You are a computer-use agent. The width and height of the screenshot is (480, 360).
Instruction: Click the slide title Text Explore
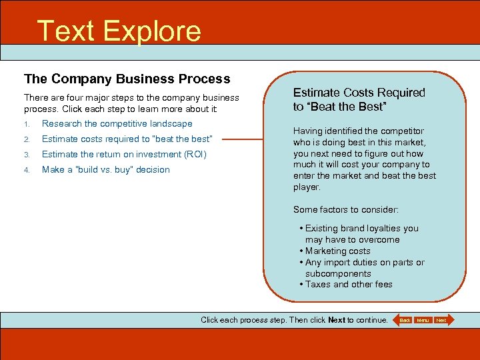click(119, 31)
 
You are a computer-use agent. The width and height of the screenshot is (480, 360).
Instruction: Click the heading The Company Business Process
click(127, 79)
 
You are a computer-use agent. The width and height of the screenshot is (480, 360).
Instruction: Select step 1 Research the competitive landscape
click(117, 123)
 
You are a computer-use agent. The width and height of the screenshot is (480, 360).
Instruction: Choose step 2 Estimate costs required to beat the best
click(127, 139)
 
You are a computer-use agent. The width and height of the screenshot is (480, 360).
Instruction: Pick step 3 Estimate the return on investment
click(124, 154)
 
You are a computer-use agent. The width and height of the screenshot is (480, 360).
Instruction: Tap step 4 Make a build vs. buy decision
click(105, 169)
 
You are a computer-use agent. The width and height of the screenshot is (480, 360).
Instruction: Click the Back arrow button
click(403, 320)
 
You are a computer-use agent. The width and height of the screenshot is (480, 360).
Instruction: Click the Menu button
click(423, 320)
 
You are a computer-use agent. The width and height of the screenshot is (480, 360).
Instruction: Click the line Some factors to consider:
click(346, 209)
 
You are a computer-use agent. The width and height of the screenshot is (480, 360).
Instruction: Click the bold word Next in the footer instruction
click(337, 320)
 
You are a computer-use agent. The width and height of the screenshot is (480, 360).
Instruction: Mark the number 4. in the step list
click(27, 170)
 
